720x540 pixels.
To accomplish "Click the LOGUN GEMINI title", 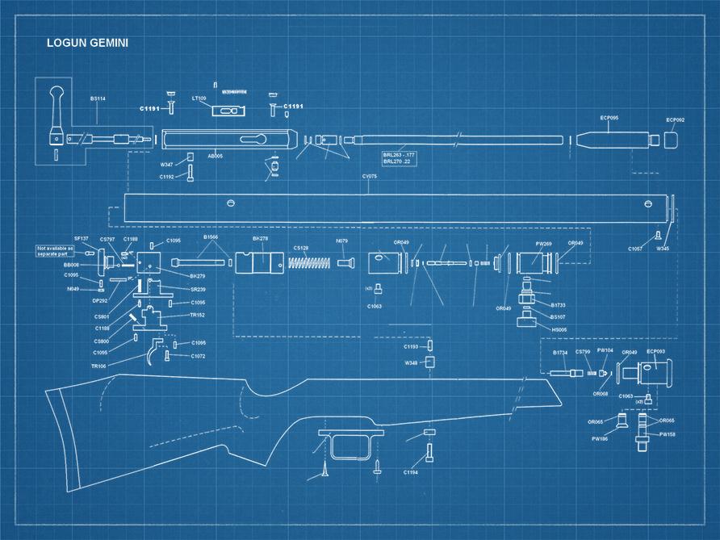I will (87, 43).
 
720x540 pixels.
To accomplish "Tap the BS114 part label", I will (98, 98).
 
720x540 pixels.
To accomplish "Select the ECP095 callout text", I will (609, 118).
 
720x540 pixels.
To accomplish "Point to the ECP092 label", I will (675, 120).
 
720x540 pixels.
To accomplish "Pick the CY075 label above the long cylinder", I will (370, 175).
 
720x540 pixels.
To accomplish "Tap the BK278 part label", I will (260, 239).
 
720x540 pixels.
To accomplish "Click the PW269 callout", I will (544, 243).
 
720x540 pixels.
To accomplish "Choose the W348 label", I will (412, 362).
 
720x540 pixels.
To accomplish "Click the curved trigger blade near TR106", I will (153, 353).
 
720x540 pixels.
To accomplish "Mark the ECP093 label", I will (655, 351).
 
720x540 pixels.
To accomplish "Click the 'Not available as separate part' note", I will (54, 250).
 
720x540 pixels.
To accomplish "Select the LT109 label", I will (199, 98).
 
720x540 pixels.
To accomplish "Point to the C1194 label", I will (411, 472).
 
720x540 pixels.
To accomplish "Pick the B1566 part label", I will (211, 238).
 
